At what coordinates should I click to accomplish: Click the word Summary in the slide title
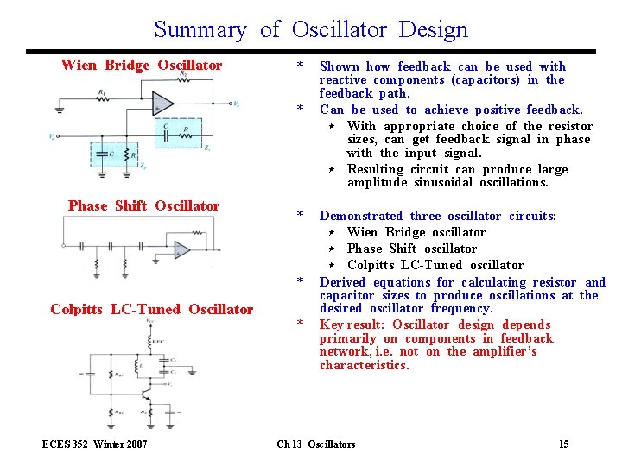200,30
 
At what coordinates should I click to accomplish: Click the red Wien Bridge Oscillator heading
142,66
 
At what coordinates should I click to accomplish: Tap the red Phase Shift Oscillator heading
143,205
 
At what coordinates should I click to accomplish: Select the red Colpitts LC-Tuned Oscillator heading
152,309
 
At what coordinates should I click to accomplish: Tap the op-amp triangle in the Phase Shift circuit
181,250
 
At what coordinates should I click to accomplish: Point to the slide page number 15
563,444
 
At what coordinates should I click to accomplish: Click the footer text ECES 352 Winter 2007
94,444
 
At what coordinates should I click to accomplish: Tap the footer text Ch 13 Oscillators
315,444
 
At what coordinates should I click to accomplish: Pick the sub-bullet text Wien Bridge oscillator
416,232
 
